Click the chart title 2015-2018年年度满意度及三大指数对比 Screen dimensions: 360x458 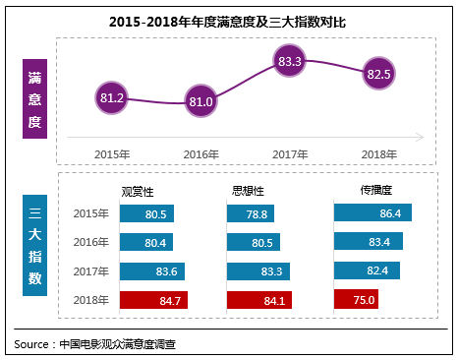228,20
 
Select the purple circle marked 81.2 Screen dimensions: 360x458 111,97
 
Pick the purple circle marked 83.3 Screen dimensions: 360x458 290,62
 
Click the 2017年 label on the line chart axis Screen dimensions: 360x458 290,153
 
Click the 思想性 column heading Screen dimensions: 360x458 249,191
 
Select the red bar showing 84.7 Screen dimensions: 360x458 153,300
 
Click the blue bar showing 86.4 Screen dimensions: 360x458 373,212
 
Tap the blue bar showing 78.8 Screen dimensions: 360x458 251,213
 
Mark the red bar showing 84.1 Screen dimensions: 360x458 263,300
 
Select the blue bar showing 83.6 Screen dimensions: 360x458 151,271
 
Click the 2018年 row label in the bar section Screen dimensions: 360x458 91,300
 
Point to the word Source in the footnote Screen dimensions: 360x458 31,344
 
